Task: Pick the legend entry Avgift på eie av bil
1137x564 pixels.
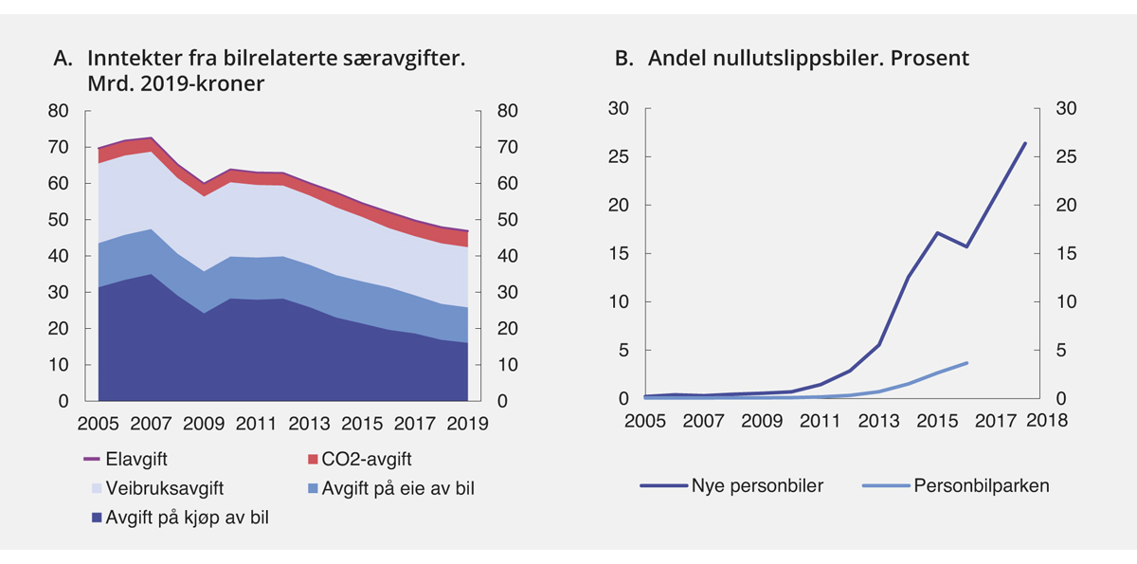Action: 385,488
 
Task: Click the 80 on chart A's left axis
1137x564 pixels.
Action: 58,111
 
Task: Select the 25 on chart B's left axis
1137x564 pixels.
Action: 621,157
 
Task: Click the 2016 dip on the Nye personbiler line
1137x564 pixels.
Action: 966,246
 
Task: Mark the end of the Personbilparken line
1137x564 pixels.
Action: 966,363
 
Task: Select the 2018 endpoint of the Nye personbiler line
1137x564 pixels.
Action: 1025,143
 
